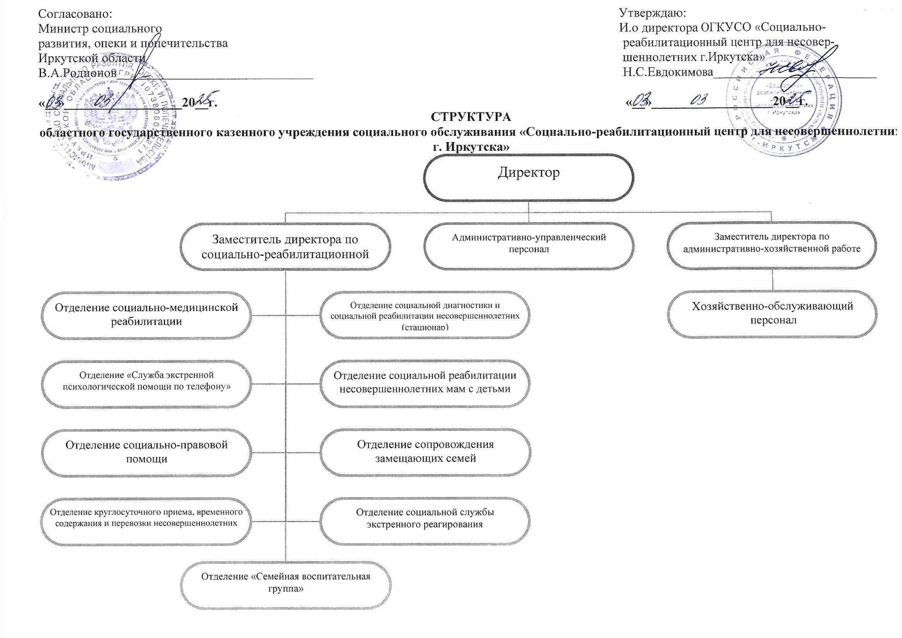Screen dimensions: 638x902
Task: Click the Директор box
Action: tap(528, 177)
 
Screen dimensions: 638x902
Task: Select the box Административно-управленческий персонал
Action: tap(528, 246)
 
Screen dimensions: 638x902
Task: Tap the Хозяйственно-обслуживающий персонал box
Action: tap(772, 314)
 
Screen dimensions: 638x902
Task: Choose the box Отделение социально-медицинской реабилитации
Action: tap(146, 314)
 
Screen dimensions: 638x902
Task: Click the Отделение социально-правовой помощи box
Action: tap(146, 452)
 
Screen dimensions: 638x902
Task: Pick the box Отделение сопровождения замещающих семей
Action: tap(425, 452)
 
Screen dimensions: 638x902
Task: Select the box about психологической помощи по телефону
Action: tap(146, 383)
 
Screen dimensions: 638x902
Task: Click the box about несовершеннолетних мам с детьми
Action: tap(425, 383)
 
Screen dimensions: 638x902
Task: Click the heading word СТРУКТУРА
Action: tap(471, 118)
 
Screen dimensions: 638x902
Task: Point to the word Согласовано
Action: tap(75, 14)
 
